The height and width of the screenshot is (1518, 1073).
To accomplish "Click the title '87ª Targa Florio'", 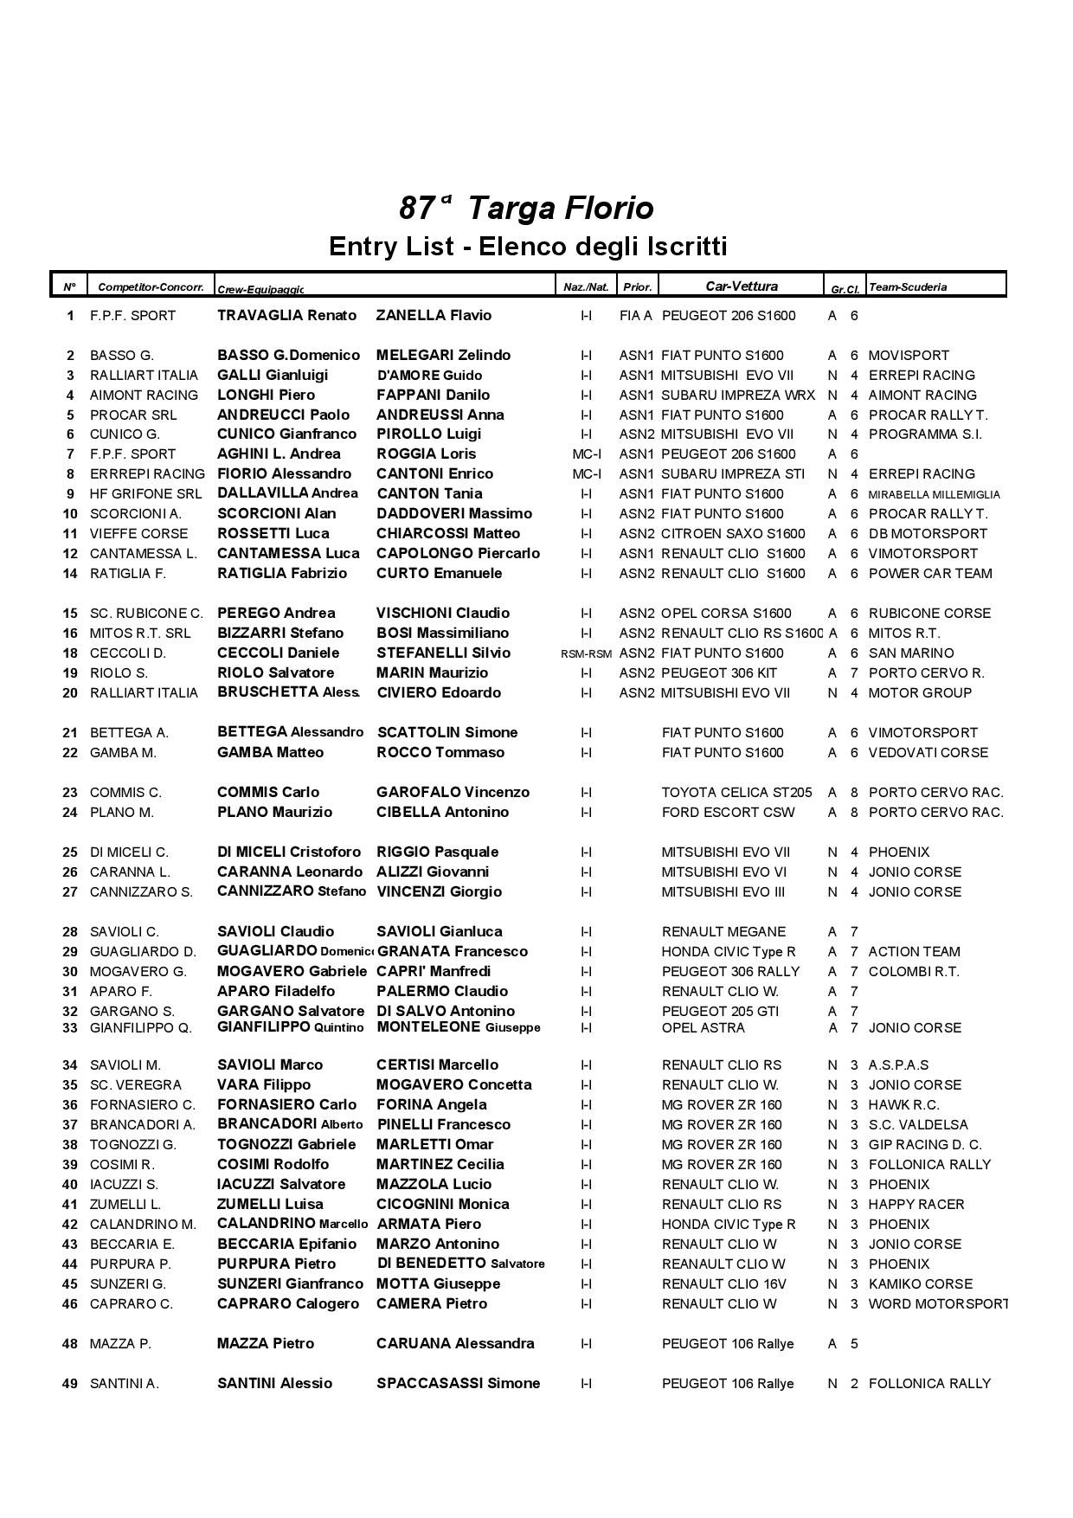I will click(x=526, y=209).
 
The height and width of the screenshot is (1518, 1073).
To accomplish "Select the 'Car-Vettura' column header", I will click(x=741, y=286).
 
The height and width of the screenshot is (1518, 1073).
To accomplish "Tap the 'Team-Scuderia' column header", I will click(x=908, y=287).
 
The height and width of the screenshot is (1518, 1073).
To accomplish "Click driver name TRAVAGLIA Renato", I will click(x=286, y=316).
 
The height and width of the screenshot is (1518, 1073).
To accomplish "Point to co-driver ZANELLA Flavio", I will click(x=434, y=316).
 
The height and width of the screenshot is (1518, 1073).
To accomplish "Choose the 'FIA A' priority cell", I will click(x=635, y=316).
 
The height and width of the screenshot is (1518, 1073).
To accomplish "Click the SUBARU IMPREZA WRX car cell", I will click(x=737, y=396).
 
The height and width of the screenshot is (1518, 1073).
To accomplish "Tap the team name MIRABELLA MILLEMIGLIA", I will click(x=934, y=495).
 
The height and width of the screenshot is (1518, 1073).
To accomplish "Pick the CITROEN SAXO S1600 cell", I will click(x=732, y=534).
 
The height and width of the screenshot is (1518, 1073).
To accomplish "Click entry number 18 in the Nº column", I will click(x=70, y=653).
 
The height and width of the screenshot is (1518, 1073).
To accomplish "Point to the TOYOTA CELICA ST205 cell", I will click(x=736, y=793).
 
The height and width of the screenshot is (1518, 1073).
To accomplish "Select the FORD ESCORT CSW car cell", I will click(x=728, y=813).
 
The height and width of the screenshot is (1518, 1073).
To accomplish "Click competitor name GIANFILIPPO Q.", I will click(x=140, y=1028).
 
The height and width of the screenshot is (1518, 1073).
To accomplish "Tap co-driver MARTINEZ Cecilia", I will click(x=440, y=1165).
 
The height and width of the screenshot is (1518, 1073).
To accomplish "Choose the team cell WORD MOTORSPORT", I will click(x=937, y=1304).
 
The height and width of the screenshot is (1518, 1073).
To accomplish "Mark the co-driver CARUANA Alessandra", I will click(x=455, y=1344).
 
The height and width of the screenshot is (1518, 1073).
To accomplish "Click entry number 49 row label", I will click(x=70, y=1384).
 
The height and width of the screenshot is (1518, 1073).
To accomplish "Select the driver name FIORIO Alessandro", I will click(x=284, y=474).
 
